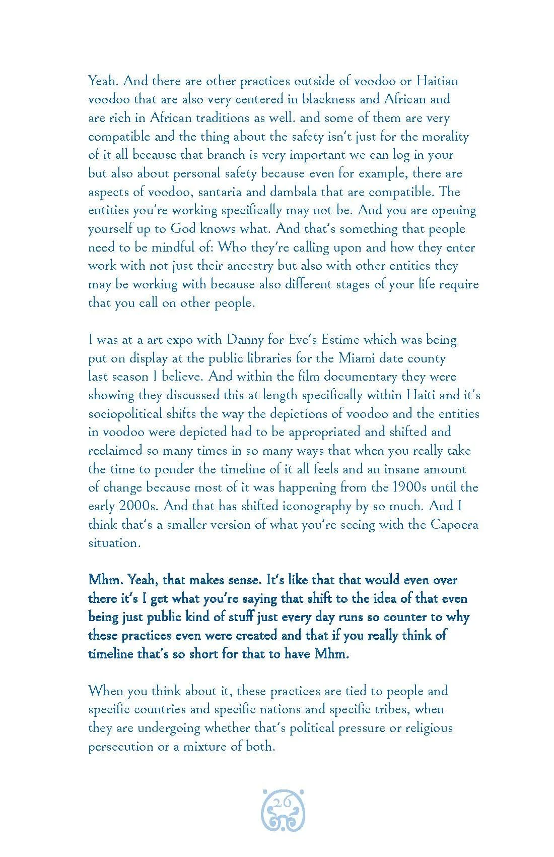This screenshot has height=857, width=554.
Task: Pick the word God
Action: tap(183, 229)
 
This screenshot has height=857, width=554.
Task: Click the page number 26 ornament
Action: tap(283, 817)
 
